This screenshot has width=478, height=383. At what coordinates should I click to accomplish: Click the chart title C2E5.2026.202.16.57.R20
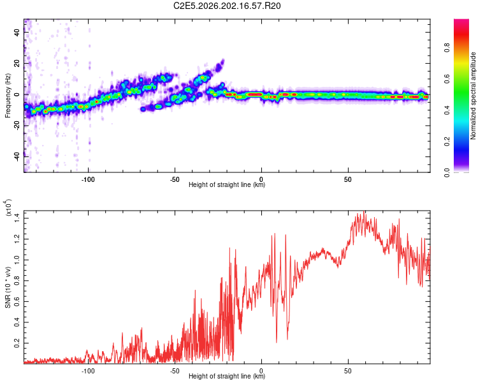pos(227,6)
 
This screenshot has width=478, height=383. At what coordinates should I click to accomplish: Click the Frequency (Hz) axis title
pos(8,96)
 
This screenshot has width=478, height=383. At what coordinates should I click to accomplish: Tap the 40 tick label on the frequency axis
pos(17,32)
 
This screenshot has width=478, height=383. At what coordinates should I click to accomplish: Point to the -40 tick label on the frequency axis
pos(17,157)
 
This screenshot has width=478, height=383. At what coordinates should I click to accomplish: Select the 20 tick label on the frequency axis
pos(17,63)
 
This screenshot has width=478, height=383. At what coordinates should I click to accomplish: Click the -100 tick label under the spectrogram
pos(88,179)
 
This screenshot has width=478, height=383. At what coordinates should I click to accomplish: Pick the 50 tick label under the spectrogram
pos(348,179)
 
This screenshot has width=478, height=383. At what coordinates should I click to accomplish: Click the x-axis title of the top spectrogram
pos(227,184)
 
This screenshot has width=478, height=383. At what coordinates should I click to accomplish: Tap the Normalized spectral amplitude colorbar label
pos(473,96)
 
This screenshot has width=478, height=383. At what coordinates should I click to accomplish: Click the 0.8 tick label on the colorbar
pos(447,48)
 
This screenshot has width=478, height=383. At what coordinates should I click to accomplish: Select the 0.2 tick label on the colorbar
pos(447,142)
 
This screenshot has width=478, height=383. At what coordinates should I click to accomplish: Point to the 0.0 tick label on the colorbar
pos(447,173)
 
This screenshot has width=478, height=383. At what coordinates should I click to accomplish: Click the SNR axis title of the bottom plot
pos(8,287)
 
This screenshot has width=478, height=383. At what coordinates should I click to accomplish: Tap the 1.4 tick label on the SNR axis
pos(17,218)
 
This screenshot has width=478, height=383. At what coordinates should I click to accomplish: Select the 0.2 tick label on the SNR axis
pos(17,343)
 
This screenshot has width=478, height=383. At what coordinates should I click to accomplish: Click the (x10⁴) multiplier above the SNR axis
pos(8,207)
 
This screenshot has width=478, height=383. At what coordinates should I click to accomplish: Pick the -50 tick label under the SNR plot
pos(175,371)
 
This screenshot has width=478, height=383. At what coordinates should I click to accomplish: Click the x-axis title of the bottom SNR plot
pos(227,376)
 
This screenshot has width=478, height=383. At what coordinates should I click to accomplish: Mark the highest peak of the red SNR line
pos(364,211)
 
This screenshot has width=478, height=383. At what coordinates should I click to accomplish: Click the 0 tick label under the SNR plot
pos(261,371)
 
